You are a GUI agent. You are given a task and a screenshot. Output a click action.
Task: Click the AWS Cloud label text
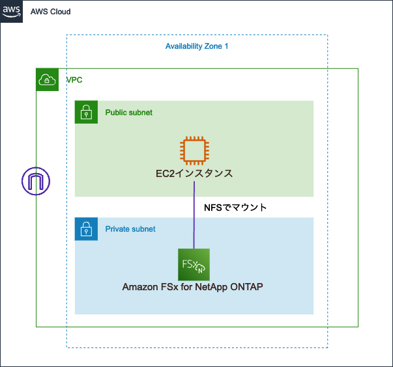click(x=51, y=12)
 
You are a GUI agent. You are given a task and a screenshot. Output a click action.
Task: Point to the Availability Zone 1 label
click(x=197, y=46)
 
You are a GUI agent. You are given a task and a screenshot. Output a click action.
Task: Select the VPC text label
click(x=74, y=80)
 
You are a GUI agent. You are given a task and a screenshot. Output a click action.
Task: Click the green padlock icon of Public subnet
click(x=86, y=112)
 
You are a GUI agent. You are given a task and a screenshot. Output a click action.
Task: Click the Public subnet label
click(x=129, y=113)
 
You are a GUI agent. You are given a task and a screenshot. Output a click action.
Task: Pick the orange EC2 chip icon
click(x=194, y=150)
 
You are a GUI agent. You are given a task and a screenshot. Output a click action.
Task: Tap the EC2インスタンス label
click(x=194, y=174)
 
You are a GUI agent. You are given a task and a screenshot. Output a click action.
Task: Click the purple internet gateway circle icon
click(x=36, y=182)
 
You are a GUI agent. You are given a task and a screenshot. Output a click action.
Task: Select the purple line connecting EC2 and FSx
click(x=194, y=215)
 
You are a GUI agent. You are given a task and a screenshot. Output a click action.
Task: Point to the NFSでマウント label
click(x=236, y=208)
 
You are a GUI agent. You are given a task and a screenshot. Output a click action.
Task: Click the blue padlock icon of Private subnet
click(x=86, y=229)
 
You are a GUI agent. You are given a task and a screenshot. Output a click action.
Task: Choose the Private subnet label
click(x=130, y=229)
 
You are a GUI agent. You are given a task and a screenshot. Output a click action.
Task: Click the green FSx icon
click(x=194, y=264)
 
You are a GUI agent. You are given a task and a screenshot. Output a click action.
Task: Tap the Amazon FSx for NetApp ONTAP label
click(x=193, y=287)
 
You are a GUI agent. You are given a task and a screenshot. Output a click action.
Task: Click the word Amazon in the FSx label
click(x=139, y=287)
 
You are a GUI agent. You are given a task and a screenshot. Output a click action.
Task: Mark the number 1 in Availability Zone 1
click(x=226, y=46)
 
